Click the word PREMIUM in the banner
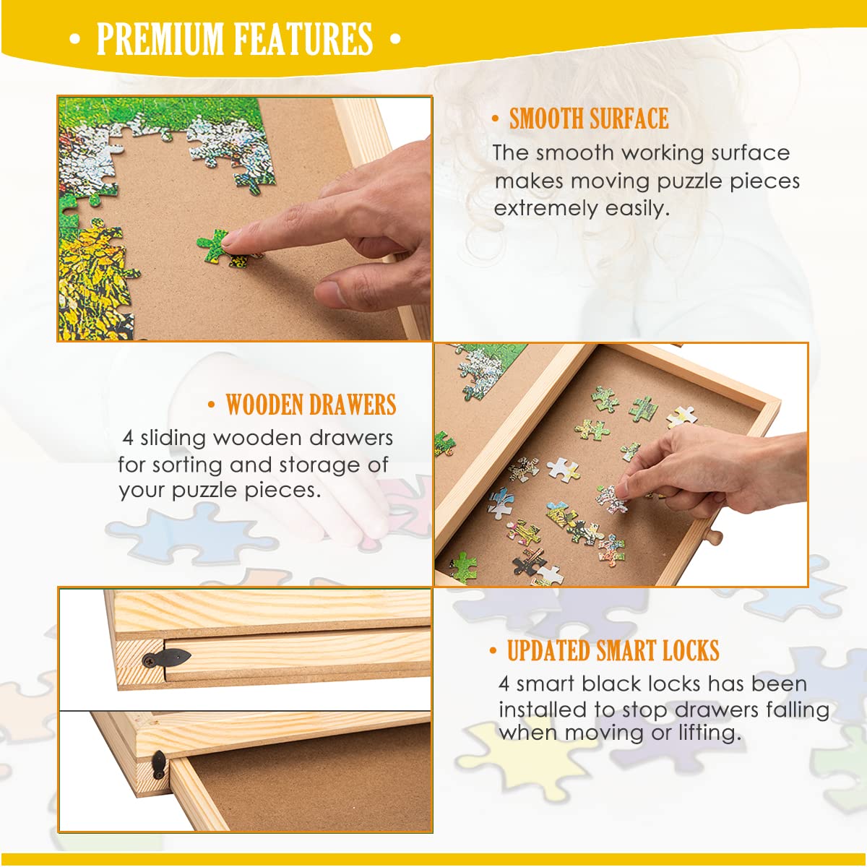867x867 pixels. pyautogui.click(x=160, y=39)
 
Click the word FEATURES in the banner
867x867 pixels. pyautogui.click(x=303, y=39)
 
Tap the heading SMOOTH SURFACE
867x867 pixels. pyautogui.click(x=589, y=118)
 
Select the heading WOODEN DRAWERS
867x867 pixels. pyautogui.click(x=311, y=405)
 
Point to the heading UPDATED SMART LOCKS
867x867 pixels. pyautogui.click(x=613, y=650)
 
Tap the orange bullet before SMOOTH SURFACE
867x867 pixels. pyautogui.click(x=496, y=118)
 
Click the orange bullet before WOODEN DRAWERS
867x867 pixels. pyautogui.click(x=212, y=405)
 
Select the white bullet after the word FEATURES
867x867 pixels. pyautogui.click(x=395, y=39)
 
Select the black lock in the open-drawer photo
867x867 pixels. pyautogui.click(x=158, y=764)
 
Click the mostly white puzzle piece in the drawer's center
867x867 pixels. pyautogui.click(x=564, y=470)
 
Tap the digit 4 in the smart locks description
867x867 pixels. pyautogui.click(x=504, y=684)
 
